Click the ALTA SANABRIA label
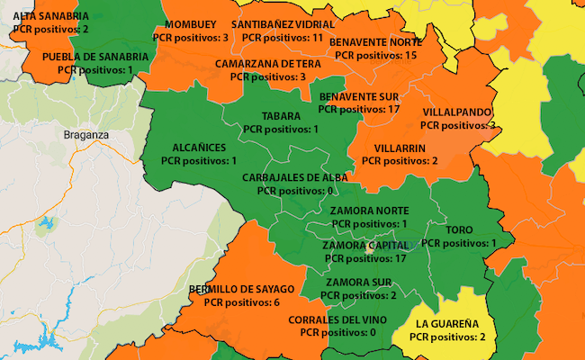(x=50, y=17)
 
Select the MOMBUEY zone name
(x=191, y=24)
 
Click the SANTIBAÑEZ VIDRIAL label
(x=283, y=24)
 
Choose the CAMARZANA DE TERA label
(x=268, y=64)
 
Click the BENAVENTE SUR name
(x=359, y=95)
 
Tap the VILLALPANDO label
(x=457, y=112)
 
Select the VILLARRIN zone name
(x=400, y=147)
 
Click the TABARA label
(x=280, y=116)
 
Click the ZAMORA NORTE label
(x=369, y=211)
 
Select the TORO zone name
(x=446, y=229)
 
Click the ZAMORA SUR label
(x=358, y=282)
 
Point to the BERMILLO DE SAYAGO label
(x=242, y=289)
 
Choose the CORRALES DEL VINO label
(x=337, y=319)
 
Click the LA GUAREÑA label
(x=447, y=323)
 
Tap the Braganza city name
(x=86, y=135)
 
